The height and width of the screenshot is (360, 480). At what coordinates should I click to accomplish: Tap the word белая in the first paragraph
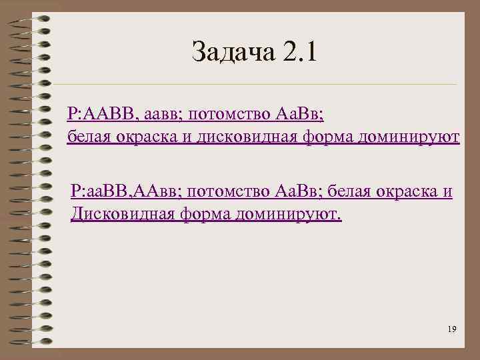pos(89,137)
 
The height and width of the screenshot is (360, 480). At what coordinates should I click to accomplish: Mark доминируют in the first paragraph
pos(409,137)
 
